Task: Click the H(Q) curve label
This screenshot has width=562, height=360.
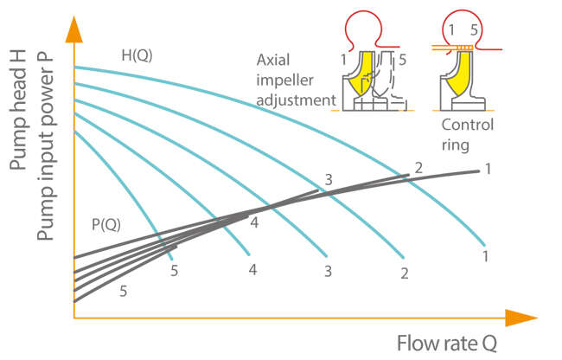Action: pos(137,56)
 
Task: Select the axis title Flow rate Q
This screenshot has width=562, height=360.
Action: pos(447,343)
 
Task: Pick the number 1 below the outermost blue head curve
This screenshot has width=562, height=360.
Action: pos(487,257)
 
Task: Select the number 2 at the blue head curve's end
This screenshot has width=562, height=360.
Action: pos(404,273)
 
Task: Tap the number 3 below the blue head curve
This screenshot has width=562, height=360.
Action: pos(328,272)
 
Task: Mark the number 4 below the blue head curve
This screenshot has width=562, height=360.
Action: pos(252,270)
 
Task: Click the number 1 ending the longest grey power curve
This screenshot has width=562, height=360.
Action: pos(488,169)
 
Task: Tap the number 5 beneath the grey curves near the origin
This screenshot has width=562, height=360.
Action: pos(124,292)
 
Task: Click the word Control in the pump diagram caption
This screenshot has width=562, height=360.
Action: pos(473,125)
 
